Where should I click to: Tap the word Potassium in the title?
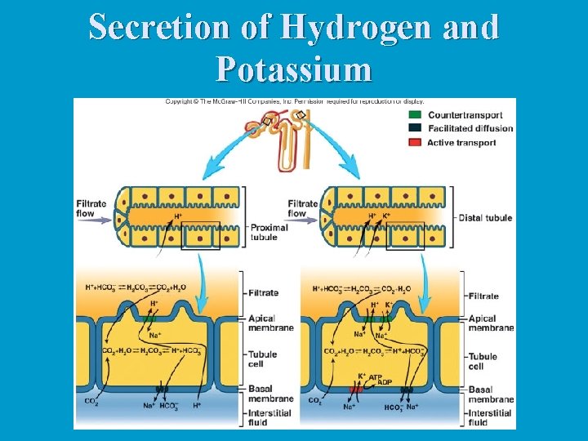coord(294,70)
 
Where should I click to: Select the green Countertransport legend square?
coord(416,115)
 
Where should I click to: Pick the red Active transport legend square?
coord(416,143)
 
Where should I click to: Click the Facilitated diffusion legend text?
coord(470,128)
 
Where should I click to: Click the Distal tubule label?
coord(485,218)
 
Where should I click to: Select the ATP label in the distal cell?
coord(376,378)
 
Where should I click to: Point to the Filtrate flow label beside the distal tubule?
coord(302,208)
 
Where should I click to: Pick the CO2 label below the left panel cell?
coord(91,401)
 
